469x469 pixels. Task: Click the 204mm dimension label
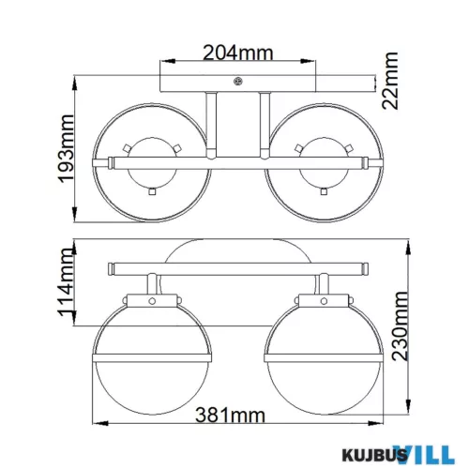pyautogui.click(x=238, y=53)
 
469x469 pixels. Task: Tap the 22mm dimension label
pyautogui.click(x=390, y=81)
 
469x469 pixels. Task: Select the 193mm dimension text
pyautogui.click(x=66, y=148)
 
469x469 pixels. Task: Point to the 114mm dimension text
pyautogui.click(x=67, y=282)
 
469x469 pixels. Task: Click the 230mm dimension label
pyautogui.click(x=401, y=326)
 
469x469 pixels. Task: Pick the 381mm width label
pyautogui.click(x=230, y=416)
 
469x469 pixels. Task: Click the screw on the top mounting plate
pyautogui.click(x=238, y=82)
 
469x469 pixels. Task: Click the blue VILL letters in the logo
pyautogui.click(x=424, y=454)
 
